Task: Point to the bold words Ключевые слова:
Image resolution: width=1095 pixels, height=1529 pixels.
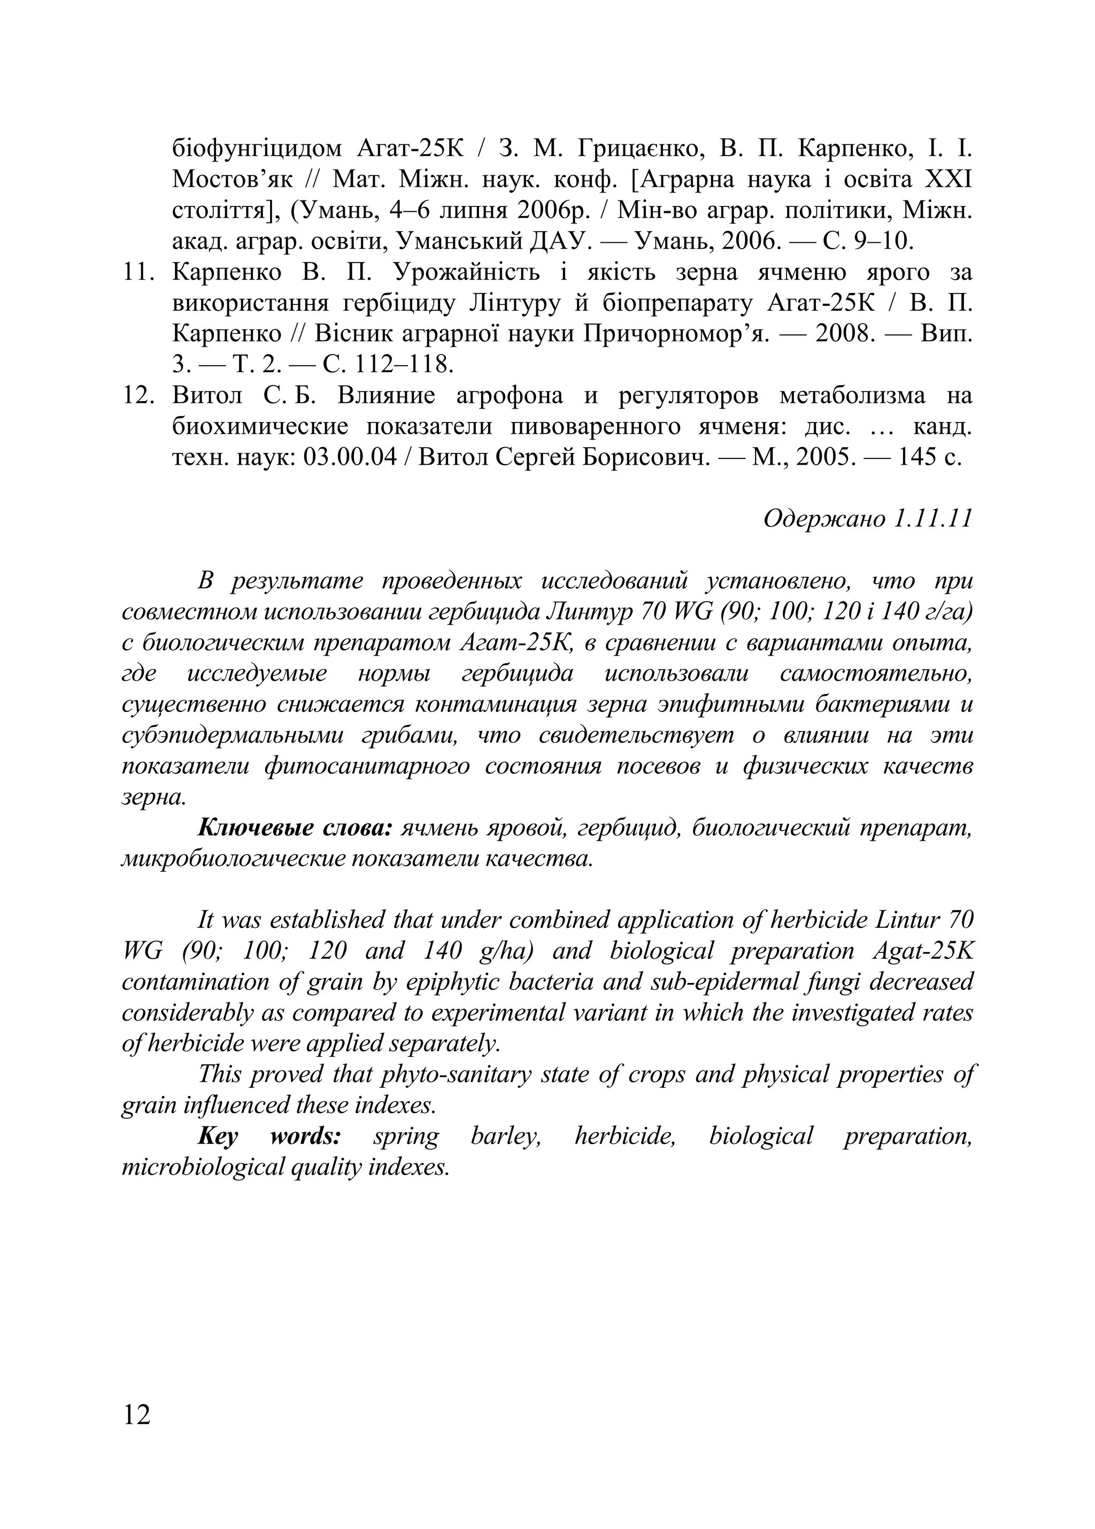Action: tap(295, 828)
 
